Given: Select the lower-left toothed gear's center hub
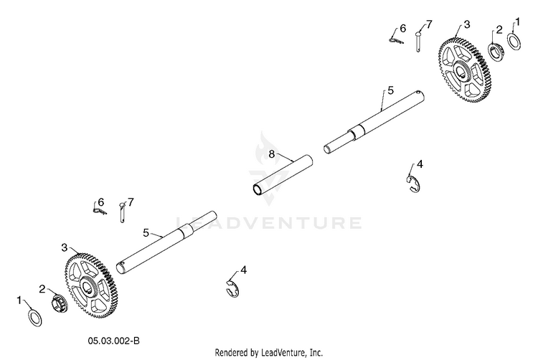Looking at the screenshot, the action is coord(88,285).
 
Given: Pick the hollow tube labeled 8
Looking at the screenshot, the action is coord(283,175).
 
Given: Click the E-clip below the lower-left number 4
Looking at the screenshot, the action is coord(233,288).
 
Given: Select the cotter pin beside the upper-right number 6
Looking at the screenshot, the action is coord(397,40).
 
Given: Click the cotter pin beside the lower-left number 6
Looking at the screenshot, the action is coord(100,211).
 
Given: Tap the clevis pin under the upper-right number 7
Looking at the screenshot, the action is coord(418,42).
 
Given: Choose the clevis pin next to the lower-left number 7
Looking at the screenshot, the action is coord(122,212).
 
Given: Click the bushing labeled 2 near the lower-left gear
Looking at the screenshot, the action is coord(60,303).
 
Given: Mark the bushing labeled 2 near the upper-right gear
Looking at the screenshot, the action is coord(496,52).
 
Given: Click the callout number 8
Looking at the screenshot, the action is coord(272,154).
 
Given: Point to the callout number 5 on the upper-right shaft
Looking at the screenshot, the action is coord(390,90).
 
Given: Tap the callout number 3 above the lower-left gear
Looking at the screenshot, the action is coord(65,247).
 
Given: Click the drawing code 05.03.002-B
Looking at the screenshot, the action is coord(114,341).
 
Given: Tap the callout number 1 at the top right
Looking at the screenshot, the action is coord(518,22).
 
